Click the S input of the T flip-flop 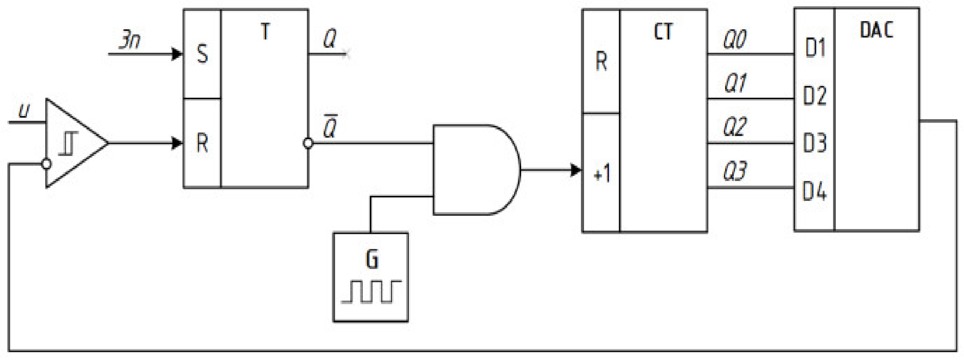(202, 54)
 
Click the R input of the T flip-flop (202, 143)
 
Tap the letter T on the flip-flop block (265, 32)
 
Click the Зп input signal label (130, 41)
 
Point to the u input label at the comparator (24, 111)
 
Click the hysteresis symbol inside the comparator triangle (69, 143)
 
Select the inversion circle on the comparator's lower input (47, 164)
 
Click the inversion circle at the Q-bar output (308, 143)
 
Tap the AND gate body (473, 170)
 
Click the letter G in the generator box (372, 259)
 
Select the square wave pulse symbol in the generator (371, 292)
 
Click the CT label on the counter (663, 32)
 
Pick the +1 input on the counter (602, 174)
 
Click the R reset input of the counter (601, 61)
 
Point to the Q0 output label (735, 39)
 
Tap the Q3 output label (735, 171)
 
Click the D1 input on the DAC (815, 48)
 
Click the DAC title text (876, 30)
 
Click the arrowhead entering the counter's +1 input (576, 170)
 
